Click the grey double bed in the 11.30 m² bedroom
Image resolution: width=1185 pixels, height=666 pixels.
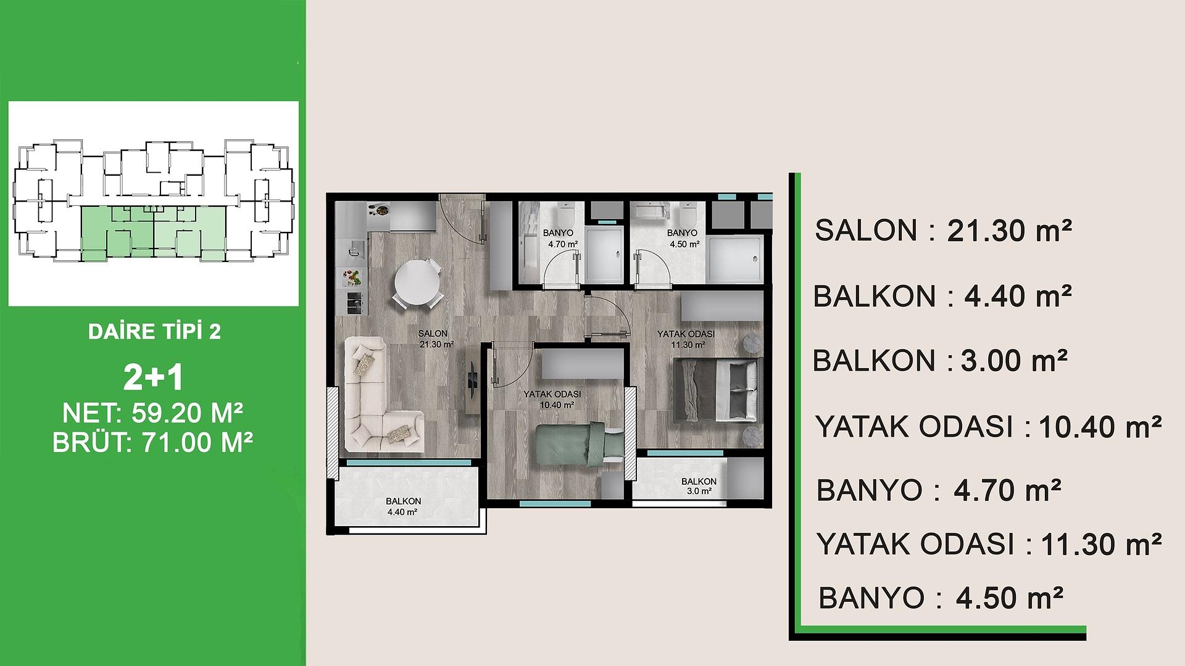[x=716, y=389]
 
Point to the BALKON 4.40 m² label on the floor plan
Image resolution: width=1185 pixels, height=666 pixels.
[x=404, y=506]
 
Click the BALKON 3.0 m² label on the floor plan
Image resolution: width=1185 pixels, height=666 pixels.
[x=699, y=486]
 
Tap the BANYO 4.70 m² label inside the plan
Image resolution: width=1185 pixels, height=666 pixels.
[x=559, y=238]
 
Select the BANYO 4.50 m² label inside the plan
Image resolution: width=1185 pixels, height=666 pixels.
[x=683, y=238]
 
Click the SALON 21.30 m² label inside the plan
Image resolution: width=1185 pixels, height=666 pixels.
[x=432, y=339]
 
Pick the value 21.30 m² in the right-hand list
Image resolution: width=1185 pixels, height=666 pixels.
[x=1008, y=231]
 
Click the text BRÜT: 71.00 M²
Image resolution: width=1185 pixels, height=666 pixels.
[x=152, y=442]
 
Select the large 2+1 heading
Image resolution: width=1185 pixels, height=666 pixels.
[x=153, y=378]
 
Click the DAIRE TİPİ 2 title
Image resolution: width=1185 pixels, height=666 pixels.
[x=154, y=332]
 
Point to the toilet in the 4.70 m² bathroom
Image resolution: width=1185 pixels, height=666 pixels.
[x=566, y=215]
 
